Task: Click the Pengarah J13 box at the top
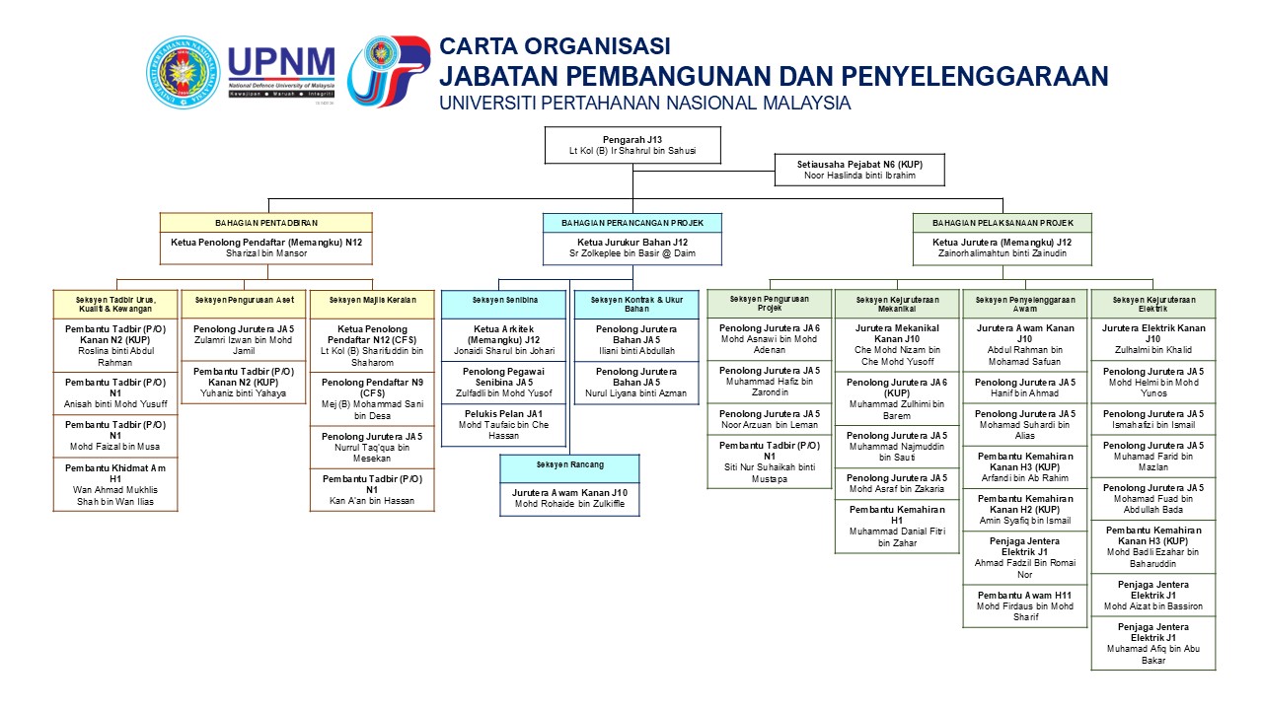pyautogui.click(x=632, y=144)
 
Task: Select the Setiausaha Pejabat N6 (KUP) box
pyautogui.click(x=859, y=170)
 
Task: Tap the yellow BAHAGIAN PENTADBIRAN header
pyautogui.click(x=266, y=223)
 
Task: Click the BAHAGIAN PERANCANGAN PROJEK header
pyautogui.click(x=632, y=223)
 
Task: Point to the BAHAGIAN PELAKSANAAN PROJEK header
pyautogui.click(x=1002, y=223)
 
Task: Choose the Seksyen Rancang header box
pyautogui.click(x=569, y=464)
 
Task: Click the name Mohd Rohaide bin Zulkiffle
pyautogui.click(x=569, y=505)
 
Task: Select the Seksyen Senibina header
pyautogui.click(x=503, y=299)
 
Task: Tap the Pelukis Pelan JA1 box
pyautogui.click(x=503, y=425)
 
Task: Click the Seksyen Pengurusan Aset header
pyautogui.click(x=244, y=299)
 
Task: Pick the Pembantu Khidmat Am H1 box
pyautogui.click(x=115, y=483)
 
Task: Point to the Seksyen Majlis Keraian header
pyautogui.click(x=372, y=299)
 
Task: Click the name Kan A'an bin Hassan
pyautogui.click(x=372, y=501)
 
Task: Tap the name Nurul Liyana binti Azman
pyautogui.click(x=635, y=393)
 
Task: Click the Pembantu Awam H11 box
pyautogui.click(x=1025, y=606)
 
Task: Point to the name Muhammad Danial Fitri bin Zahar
pyautogui.click(x=897, y=537)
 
